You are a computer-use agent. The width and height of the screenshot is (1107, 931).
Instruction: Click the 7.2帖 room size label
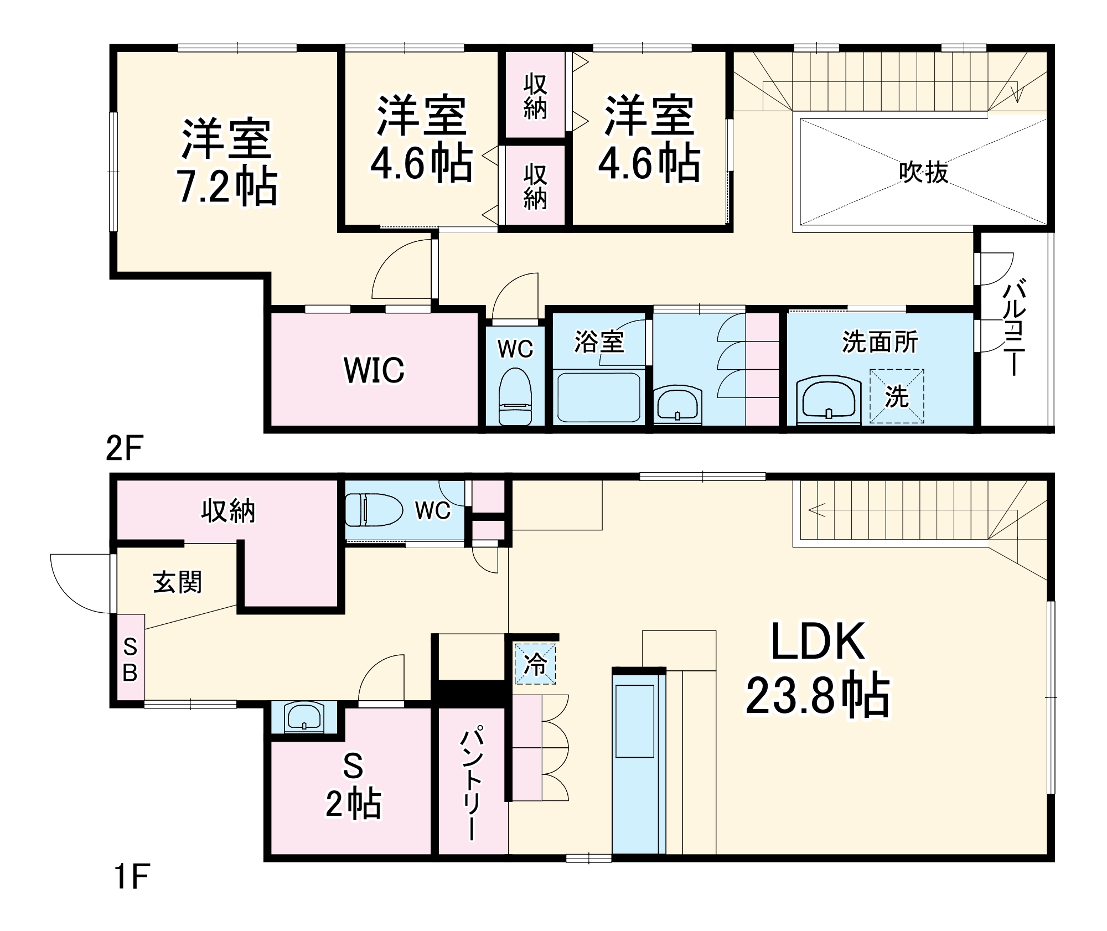pyautogui.click(x=226, y=187)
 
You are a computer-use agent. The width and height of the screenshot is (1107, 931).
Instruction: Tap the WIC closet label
pyautogui.click(x=374, y=370)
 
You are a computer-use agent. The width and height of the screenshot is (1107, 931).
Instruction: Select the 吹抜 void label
pyautogui.click(x=923, y=172)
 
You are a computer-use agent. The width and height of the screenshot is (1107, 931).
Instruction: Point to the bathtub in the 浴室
pyautogui.click(x=598, y=397)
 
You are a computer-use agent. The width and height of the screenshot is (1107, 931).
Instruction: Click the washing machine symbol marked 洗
pyautogui.click(x=896, y=396)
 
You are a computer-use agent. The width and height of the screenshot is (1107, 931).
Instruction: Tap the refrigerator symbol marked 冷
pyautogui.click(x=535, y=663)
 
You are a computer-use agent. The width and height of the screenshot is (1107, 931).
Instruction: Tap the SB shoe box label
pyautogui.click(x=130, y=659)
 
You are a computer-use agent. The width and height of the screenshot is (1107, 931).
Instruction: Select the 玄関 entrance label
pyautogui.click(x=177, y=582)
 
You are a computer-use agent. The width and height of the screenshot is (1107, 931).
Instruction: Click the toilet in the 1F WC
pyautogui.click(x=374, y=509)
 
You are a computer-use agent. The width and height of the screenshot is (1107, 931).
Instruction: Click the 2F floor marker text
pyautogui.click(x=124, y=448)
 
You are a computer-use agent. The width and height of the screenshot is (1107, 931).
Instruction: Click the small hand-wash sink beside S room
pyautogui.click(x=303, y=717)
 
